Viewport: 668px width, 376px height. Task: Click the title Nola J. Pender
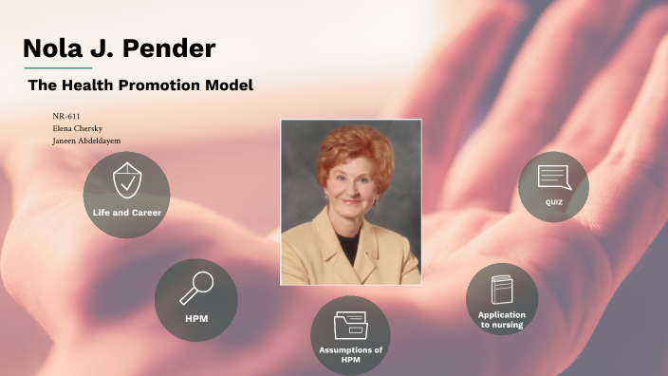pyautogui.click(x=119, y=48)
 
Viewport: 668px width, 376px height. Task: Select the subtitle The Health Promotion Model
pyautogui.click(x=140, y=85)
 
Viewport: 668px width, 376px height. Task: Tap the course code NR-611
pyautogui.click(x=65, y=116)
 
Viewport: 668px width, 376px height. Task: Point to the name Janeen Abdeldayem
pyautogui.click(x=86, y=141)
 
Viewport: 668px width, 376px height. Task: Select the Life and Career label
pyautogui.click(x=127, y=213)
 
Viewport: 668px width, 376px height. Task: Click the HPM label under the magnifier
pyautogui.click(x=196, y=318)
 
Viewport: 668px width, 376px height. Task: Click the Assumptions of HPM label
pyautogui.click(x=351, y=354)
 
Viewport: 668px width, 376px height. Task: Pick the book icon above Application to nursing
pyautogui.click(x=502, y=289)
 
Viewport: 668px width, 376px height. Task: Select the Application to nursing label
pyautogui.click(x=502, y=319)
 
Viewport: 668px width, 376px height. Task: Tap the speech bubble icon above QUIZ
pyautogui.click(x=553, y=177)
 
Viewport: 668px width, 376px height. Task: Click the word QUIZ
pyautogui.click(x=554, y=202)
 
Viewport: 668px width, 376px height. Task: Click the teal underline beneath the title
pyautogui.click(x=58, y=68)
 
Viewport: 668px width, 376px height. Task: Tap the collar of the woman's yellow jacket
pyautogui.click(x=327, y=242)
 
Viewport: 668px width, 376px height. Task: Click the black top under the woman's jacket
pyautogui.click(x=351, y=249)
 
